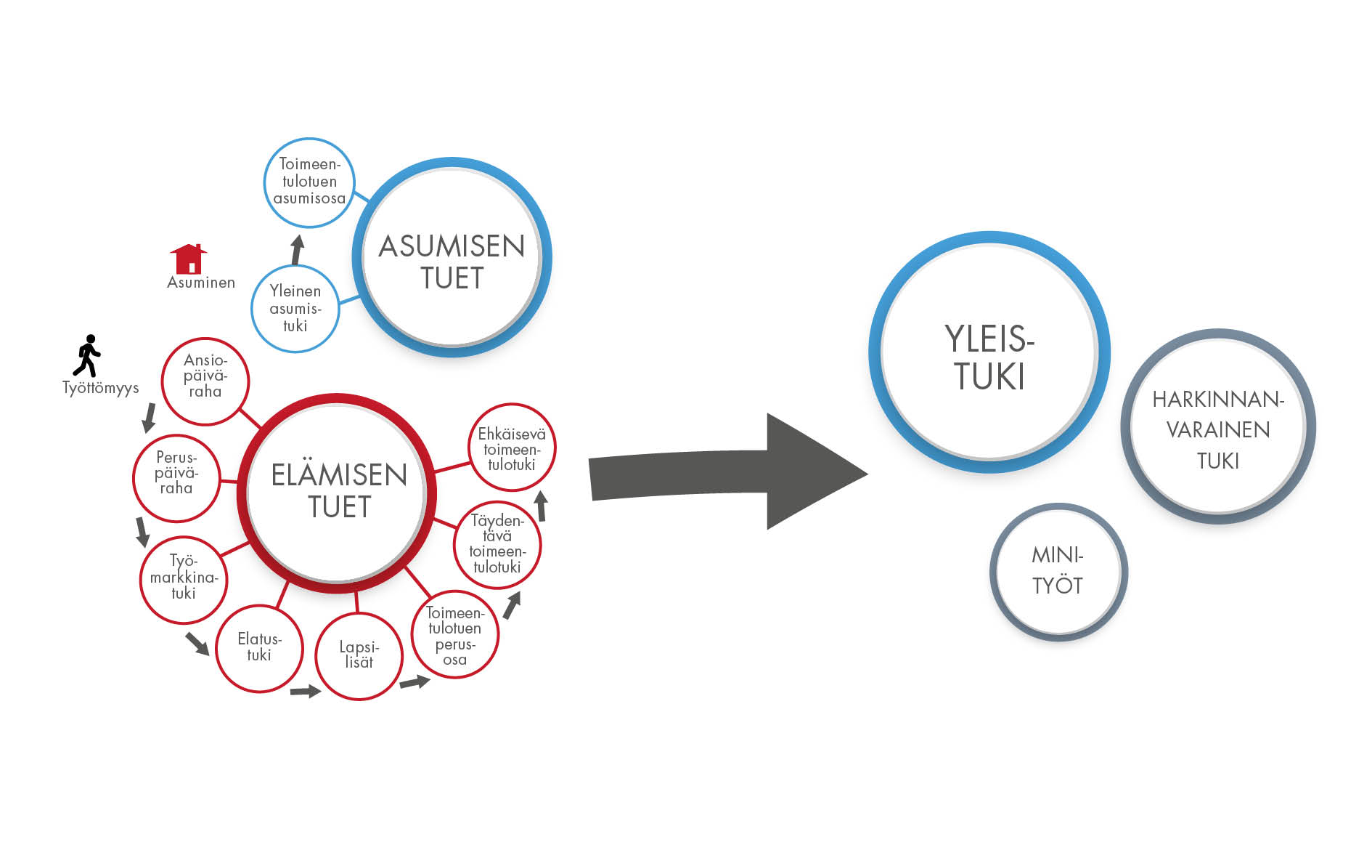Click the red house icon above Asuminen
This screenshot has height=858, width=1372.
(x=189, y=259)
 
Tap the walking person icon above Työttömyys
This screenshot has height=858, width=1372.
(x=88, y=355)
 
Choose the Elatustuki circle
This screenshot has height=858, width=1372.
(x=259, y=648)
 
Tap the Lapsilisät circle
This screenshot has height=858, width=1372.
(x=359, y=656)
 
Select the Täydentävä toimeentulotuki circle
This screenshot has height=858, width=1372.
(x=497, y=544)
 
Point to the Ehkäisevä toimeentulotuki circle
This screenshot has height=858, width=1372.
(x=512, y=448)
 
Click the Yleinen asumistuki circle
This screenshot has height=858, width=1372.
(x=295, y=309)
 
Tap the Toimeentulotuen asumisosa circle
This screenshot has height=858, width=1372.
(x=309, y=182)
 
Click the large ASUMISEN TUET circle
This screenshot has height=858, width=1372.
(x=452, y=258)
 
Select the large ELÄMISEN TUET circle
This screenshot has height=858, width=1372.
(x=338, y=493)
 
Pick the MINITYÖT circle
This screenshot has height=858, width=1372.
(x=1058, y=572)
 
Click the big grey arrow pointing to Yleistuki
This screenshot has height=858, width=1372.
(x=726, y=472)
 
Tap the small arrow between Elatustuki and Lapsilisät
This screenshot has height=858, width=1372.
(x=305, y=691)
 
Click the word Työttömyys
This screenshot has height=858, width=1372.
(x=100, y=388)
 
